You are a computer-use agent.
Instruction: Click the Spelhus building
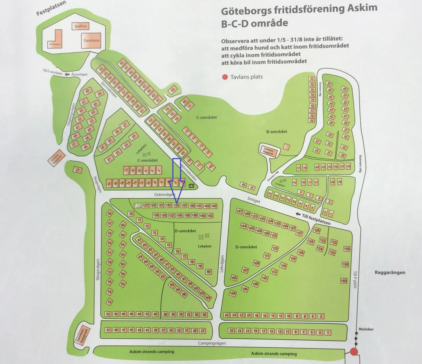pos(80,26)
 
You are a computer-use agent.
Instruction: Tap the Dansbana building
pos(91,40)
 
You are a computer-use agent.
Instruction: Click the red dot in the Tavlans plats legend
pos(225,77)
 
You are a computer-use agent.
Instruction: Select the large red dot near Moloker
pos(354,351)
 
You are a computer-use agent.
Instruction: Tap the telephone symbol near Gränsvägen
pos(192,186)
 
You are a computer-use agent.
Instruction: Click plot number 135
pos(176,205)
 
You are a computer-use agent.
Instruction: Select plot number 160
pos(343,281)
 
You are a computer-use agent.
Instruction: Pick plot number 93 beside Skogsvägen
pos(77,170)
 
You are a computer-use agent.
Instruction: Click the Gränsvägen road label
pos(164,194)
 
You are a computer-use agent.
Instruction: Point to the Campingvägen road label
pos(212,343)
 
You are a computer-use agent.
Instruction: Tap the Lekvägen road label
pos(222,264)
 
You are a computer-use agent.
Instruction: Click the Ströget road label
pos(254,200)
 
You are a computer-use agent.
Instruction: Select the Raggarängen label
pos(390,272)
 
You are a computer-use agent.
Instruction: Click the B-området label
pos(276,132)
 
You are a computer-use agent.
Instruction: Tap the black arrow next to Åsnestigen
pos(67,74)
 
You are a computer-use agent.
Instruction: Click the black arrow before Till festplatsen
pos(298,214)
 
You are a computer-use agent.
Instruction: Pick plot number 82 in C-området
pos(173,90)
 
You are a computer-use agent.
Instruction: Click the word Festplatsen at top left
pos(51,8)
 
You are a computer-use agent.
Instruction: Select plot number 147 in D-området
pos(239,211)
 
